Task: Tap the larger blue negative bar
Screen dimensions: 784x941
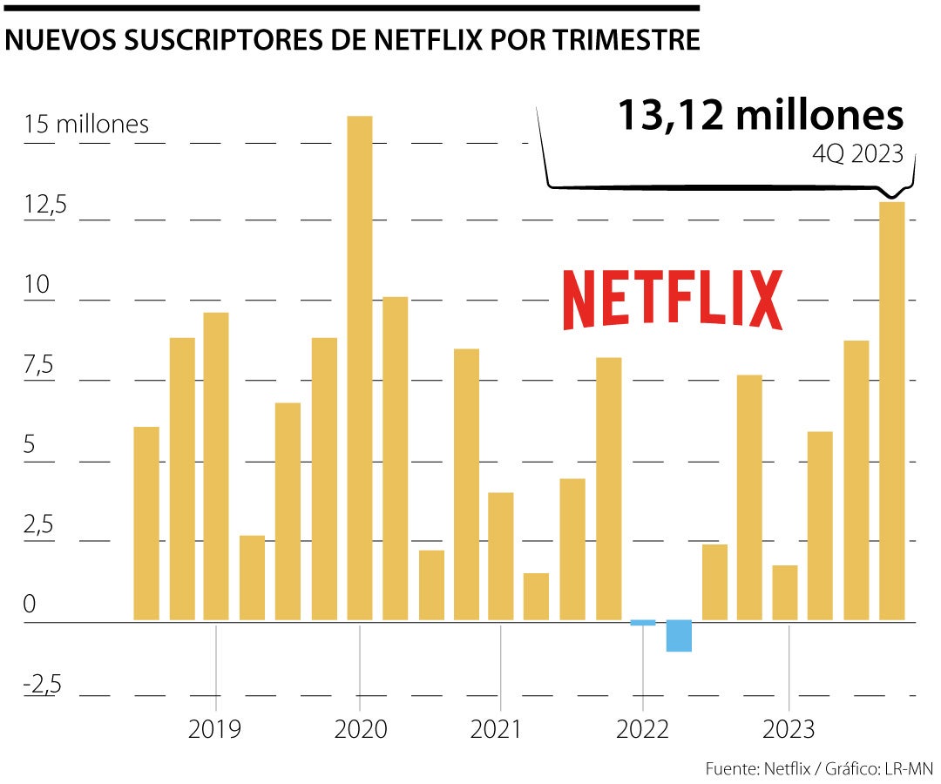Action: click(x=679, y=636)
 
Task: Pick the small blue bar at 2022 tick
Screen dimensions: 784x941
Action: click(x=643, y=622)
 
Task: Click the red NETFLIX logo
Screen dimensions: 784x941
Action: click(x=672, y=300)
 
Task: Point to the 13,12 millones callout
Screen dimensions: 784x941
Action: click(x=761, y=115)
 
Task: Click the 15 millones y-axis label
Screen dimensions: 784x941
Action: click(x=86, y=125)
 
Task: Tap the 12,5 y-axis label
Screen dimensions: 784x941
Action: click(x=45, y=206)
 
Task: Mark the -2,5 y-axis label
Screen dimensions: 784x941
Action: click(x=43, y=685)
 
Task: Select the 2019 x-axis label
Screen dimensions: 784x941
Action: click(x=215, y=728)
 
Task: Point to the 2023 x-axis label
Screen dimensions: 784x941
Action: click(x=789, y=728)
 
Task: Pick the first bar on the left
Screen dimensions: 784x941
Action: click(x=146, y=524)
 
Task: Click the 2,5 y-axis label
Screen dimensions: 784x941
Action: click(x=39, y=526)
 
